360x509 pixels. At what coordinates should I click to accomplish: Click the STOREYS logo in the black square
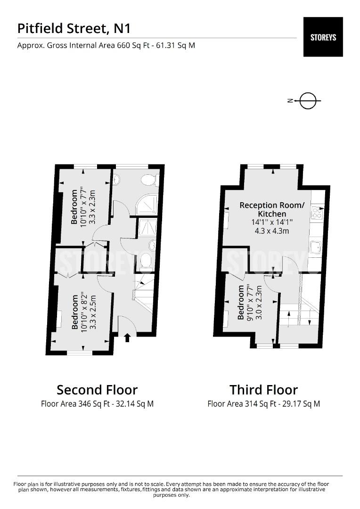[323, 37]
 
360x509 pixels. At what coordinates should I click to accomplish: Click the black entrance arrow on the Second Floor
[127, 337]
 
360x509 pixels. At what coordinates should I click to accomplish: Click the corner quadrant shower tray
[147, 205]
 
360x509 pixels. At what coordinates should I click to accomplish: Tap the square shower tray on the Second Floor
[147, 227]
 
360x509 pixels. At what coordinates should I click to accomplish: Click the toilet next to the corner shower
[151, 180]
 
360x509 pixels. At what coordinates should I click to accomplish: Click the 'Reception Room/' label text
[272, 205]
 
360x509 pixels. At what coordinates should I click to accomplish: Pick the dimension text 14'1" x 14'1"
[272, 222]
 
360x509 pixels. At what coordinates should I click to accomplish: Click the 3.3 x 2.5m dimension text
[93, 312]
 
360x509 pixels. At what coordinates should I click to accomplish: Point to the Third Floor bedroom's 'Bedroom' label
[240, 302]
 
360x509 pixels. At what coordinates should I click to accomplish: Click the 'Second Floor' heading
[97, 390]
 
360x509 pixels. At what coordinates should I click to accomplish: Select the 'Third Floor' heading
[263, 390]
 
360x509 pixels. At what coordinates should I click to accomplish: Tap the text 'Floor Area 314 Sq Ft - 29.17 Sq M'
[263, 404]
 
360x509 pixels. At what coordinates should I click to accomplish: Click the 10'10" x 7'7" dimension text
[84, 206]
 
